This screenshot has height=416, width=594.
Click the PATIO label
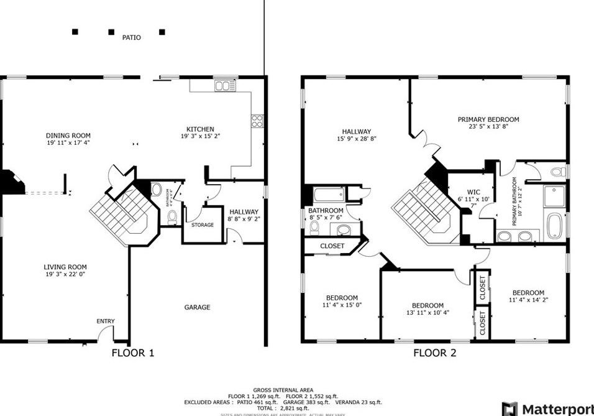point(131,37)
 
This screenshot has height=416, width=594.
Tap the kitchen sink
point(222,86)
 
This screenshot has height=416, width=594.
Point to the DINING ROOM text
point(68,136)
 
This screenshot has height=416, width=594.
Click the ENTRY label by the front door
point(106,321)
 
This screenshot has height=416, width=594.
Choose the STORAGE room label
point(203,225)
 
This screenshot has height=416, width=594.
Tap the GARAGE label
point(198,307)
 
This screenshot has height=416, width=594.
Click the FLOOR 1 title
point(132,353)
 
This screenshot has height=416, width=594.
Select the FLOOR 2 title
point(435,353)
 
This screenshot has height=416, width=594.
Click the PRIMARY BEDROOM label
point(488,119)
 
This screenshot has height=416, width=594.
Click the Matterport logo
point(547,409)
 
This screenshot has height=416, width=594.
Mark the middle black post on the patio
point(112,32)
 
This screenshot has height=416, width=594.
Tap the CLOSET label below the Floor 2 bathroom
point(332,246)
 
